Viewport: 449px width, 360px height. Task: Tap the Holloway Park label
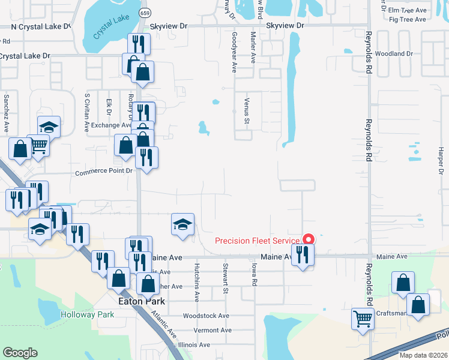coord(87,314)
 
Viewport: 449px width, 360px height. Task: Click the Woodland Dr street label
coord(394,53)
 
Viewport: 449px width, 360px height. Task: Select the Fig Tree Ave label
coord(407,19)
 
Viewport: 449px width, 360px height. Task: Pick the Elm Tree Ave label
coord(407,10)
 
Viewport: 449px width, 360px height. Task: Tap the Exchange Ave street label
coord(107,125)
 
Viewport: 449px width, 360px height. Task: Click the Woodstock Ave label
coord(206,316)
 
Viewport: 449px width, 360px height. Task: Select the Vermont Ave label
coord(212,330)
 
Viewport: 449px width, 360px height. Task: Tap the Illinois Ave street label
coord(193,345)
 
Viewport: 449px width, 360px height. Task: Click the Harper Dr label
coord(440,158)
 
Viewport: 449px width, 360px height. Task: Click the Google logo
coord(20,353)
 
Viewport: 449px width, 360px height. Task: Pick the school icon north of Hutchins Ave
coord(183,225)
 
